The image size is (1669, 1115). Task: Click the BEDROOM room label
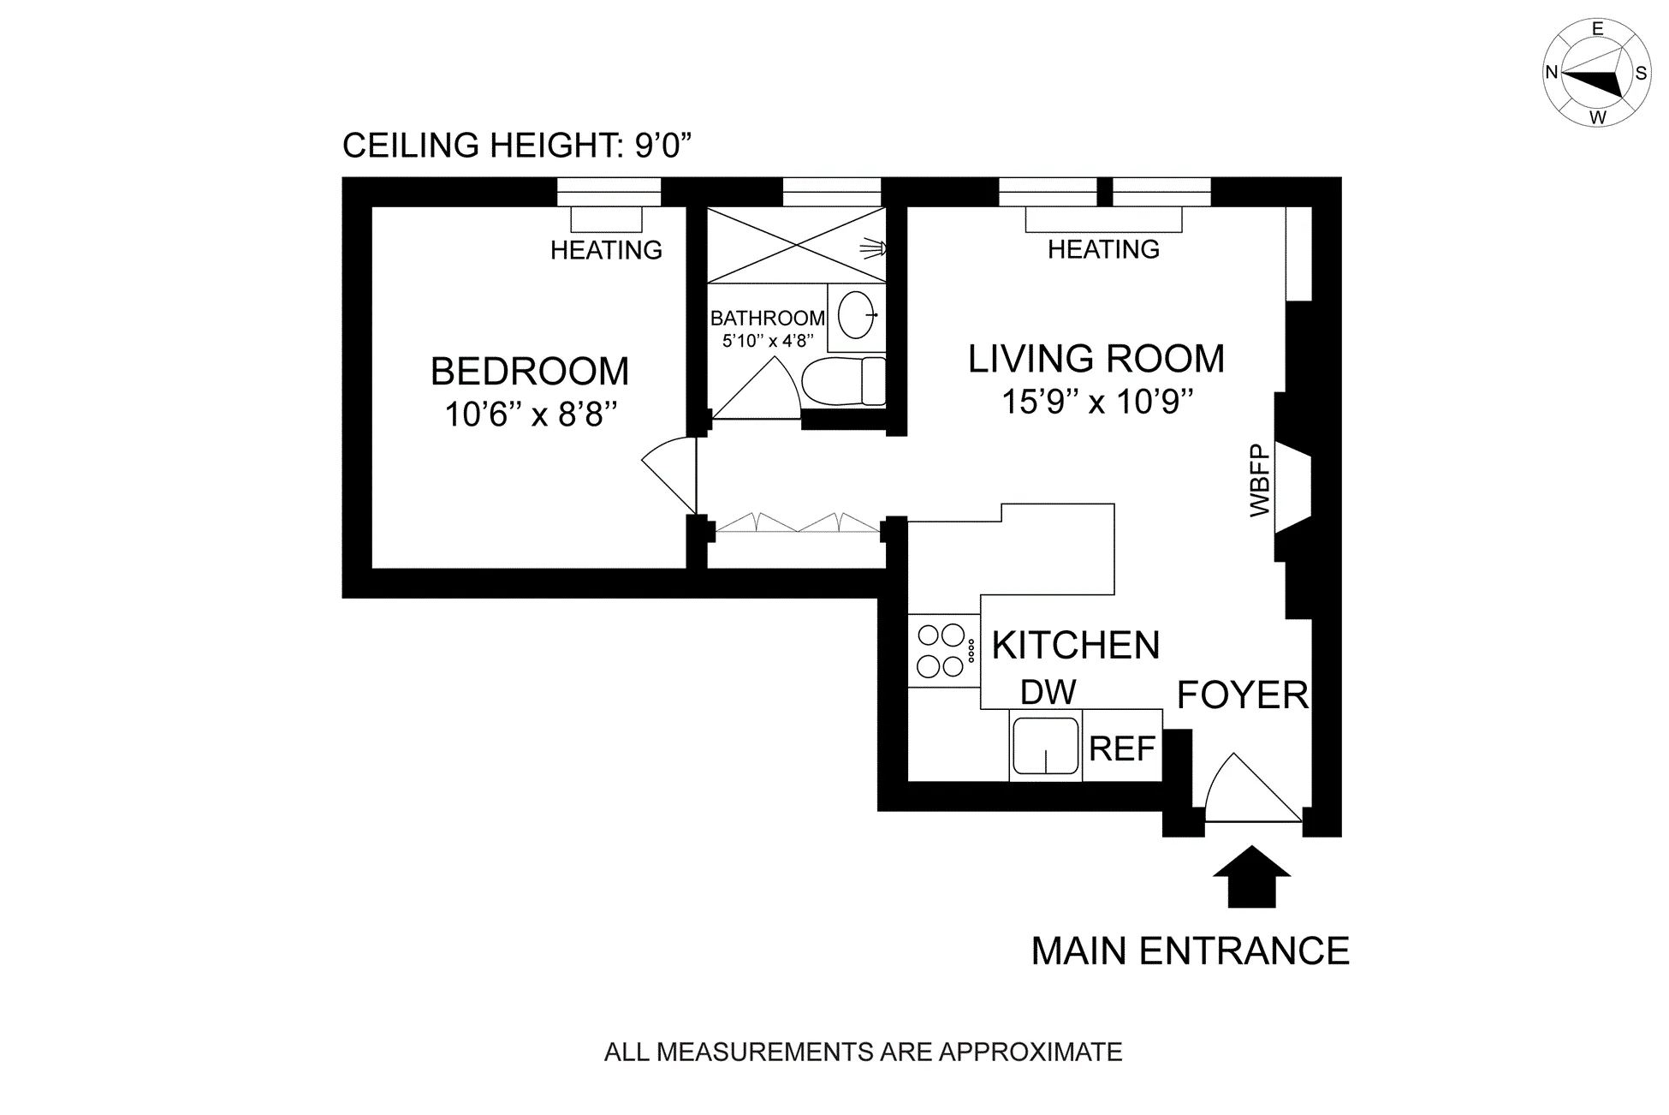point(530,372)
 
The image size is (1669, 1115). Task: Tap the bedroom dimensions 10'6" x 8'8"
point(531,415)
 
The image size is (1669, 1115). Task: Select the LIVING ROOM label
point(1096,359)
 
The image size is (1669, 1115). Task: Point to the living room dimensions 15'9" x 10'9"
point(1097,402)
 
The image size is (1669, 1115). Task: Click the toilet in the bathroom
point(844,382)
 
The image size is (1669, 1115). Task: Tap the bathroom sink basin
point(856,315)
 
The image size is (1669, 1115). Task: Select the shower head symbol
point(872,248)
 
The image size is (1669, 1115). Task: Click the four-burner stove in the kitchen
point(942,651)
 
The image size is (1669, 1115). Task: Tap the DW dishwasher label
point(1048,692)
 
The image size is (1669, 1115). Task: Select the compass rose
point(1597,74)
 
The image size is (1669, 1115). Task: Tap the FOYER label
point(1242,695)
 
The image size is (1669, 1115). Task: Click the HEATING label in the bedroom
point(606,250)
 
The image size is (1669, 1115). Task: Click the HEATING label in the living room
point(1103,249)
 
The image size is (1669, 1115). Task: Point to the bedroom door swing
point(670,474)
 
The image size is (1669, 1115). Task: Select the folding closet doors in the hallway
point(798,522)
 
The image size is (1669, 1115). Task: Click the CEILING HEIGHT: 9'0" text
point(516,146)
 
